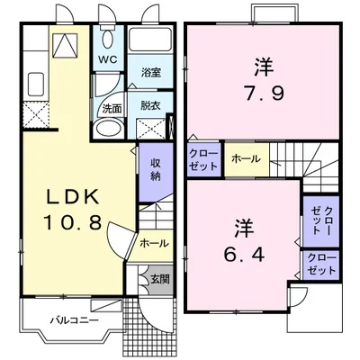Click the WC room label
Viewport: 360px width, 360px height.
(x=108, y=59)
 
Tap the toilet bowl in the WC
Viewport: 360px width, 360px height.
(x=107, y=39)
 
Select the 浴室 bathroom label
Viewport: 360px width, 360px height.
(x=151, y=73)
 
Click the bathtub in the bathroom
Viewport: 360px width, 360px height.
(x=150, y=40)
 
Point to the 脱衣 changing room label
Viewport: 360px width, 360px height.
(x=150, y=105)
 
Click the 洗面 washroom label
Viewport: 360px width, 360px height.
(x=112, y=109)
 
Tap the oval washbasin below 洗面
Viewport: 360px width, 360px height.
(x=108, y=129)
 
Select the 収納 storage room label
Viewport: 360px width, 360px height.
(x=155, y=169)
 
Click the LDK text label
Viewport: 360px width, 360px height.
(x=71, y=197)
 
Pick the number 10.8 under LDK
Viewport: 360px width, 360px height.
(x=72, y=222)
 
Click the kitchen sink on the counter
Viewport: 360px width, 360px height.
(x=35, y=82)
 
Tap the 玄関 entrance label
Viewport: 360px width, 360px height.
(x=160, y=279)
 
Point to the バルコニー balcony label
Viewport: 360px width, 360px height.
(x=74, y=320)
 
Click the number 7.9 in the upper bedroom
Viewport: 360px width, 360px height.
(x=264, y=94)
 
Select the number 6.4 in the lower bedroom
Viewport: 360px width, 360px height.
(x=244, y=256)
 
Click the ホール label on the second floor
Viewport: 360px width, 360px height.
(x=246, y=159)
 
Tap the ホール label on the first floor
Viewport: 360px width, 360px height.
(x=154, y=243)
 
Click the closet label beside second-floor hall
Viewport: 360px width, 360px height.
(x=203, y=160)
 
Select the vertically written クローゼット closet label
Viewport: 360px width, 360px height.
(x=320, y=220)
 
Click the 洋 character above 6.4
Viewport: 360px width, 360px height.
(x=245, y=229)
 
